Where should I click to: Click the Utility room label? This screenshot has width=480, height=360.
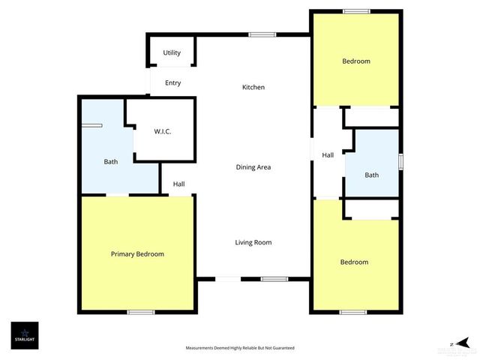point(172,53)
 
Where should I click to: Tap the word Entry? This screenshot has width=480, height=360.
point(172,83)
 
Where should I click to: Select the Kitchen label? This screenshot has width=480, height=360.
point(253,88)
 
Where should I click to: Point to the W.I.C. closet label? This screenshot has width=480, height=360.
point(163,132)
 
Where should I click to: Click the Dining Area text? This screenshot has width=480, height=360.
point(253,167)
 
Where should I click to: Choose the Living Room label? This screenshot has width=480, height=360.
point(253,242)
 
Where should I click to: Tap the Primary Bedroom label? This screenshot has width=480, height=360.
point(137,254)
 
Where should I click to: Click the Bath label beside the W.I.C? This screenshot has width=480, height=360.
point(111,161)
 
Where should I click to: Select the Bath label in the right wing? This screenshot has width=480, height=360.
point(372,175)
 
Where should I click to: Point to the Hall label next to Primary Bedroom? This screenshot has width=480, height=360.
point(179,184)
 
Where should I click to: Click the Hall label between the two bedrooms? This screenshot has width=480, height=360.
point(328,155)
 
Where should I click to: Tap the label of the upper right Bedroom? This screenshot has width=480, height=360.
point(355,61)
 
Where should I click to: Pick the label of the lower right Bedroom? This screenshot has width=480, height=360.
point(354,262)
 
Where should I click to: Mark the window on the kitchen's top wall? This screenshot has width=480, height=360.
point(262,34)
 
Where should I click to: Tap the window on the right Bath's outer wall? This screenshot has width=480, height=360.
point(400,161)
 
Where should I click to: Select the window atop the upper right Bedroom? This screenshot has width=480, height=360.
point(356,11)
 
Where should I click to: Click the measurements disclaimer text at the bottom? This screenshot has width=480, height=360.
point(240,348)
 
